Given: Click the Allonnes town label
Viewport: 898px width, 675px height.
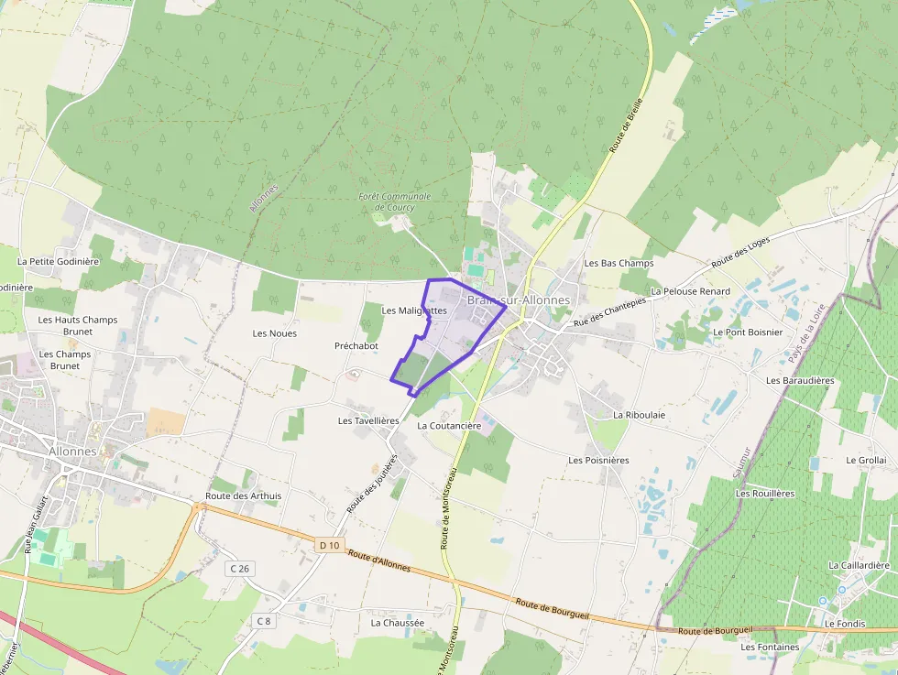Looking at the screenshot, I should tap(72, 452).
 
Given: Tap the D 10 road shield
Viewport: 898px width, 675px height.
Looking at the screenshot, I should tap(330, 545).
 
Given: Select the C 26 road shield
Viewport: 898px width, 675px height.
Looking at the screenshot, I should tap(239, 569).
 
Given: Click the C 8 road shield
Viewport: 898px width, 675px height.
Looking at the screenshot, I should tap(264, 621).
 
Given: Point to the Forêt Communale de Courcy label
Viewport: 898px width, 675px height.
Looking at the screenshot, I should tap(394, 201).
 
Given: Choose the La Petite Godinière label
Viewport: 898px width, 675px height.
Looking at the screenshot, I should tap(58, 261).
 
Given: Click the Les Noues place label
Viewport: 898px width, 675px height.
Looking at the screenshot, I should tap(275, 333).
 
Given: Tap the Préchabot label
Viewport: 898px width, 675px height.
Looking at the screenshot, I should tap(356, 346).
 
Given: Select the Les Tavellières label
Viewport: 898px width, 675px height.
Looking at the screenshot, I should tap(368, 421).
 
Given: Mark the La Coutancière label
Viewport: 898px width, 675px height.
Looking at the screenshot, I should tap(449, 426).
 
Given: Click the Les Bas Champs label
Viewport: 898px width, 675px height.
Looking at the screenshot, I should tap(619, 263).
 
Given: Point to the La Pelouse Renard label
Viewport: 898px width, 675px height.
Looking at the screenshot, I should tap(690, 291).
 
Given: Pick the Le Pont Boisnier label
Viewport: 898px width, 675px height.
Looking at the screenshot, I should tap(748, 332).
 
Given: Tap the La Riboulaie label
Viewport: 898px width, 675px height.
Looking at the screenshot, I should tap(639, 415).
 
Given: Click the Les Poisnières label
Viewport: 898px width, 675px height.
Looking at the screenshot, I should tap(598, 460).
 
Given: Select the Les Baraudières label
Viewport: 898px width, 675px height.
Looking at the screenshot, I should tap(800, 380).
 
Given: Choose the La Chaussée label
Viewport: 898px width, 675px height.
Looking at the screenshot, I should tap(398, 623).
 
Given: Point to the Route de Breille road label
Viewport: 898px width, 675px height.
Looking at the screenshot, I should tap(627, 125).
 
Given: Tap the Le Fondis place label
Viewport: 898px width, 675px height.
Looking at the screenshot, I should tap(844, 624).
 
